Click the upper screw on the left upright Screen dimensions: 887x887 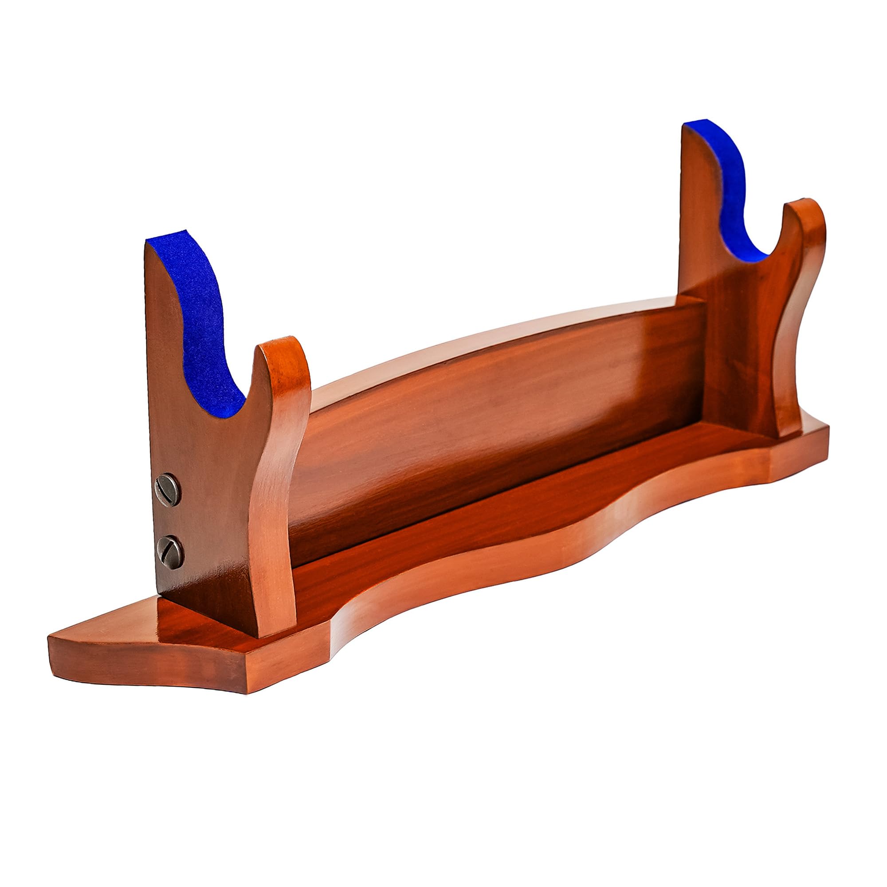[x=168, y=490]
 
